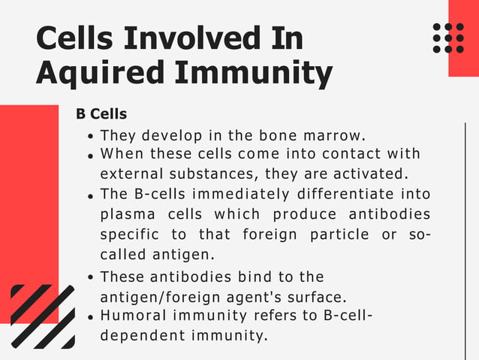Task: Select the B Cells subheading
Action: click(x=101, y=114)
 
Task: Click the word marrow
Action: click(x=333, y=136)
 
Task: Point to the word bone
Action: click(x=277, y=136)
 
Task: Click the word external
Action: click(x=130, y=173)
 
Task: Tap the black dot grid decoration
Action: click(x=448, y=38)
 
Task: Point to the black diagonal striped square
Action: click(x=43, y=316)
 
